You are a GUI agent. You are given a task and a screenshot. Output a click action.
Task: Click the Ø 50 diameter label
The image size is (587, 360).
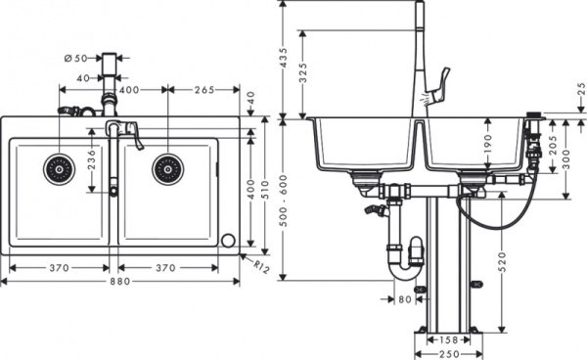(x=76, y=59)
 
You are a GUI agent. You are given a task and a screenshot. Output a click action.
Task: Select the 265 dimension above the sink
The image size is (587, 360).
(x=203, y=90)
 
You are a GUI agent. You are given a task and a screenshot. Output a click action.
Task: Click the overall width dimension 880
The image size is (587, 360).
(x=119, y=281)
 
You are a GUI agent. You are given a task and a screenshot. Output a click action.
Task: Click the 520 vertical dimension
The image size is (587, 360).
(x=501, y=261)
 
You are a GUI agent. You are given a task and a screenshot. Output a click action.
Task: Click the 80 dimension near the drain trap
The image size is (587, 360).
(x=405, y=299)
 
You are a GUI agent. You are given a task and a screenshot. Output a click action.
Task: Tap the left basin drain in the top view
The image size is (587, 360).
(x=57, y=168)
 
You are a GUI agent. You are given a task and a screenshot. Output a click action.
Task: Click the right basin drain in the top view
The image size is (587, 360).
(x=166, y=168)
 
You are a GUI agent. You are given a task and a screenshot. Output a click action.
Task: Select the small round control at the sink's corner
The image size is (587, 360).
(x=228, y=241)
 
